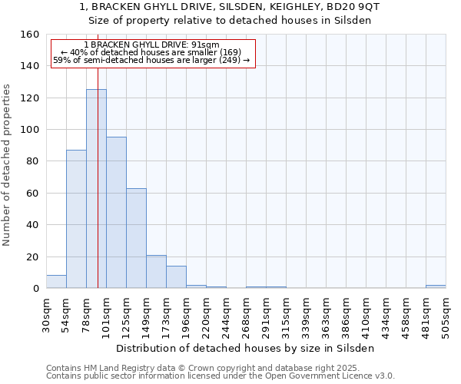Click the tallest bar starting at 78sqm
pos(96,189)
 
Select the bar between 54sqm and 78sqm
pos(76,219)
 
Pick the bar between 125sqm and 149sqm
pos(136,238)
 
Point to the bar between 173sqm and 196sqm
pos(176,277)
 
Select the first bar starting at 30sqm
pos(56,282)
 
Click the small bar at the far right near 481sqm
pos(436,286)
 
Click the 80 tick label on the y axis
pos(32,161)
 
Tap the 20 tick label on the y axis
pos(32,257)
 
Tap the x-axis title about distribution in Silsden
pos(246,348)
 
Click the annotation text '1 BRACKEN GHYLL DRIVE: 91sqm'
pos(152,45)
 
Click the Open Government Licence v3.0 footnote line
pos(221,376)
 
